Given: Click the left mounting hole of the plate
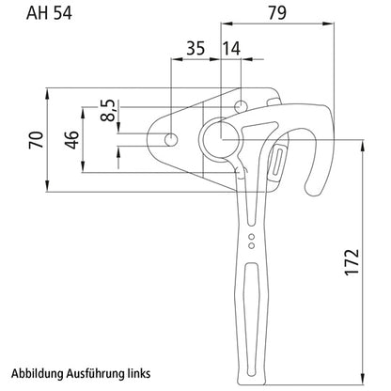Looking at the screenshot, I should (171, 140).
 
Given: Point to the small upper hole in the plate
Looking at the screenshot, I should (242, 105).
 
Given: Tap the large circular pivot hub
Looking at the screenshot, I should (220, 140).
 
